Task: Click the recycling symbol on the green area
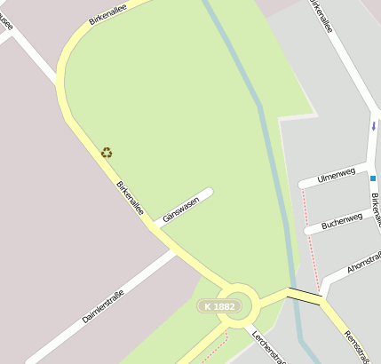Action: pyautogui.click(x=107, y=153)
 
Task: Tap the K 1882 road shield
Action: pyautogui.click(x=218, y=306)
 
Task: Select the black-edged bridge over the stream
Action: pyautogui.click(x=304, y=297)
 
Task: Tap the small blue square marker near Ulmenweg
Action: pyautogui.click(x=373, y=178)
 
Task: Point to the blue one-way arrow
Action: pyautogui.click(x=373, y=126)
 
